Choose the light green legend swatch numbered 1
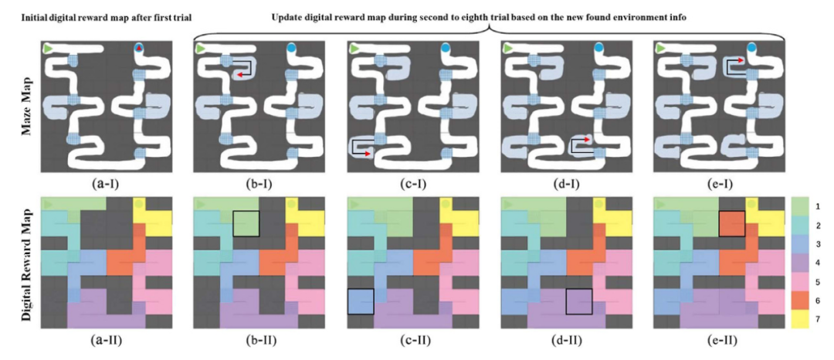tap(800, 207)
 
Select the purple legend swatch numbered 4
tap(800, 263)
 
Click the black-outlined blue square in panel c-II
tap(361, 301)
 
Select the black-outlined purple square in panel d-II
tap(579, 301)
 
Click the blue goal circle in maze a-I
tap(139, 48)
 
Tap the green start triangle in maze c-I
tap(357, 49)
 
